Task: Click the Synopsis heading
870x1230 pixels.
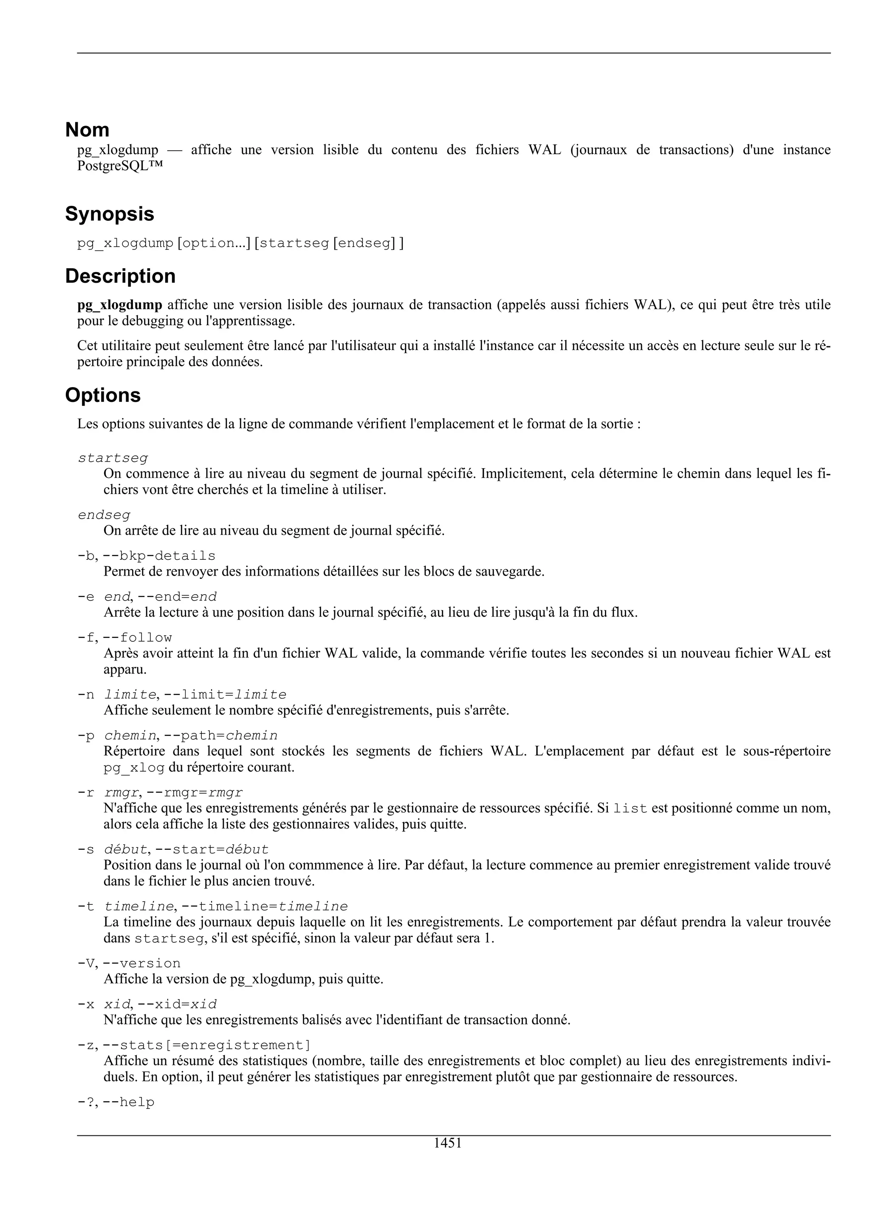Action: (x=109, y=214)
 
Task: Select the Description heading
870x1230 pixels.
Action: (x=120, y=276)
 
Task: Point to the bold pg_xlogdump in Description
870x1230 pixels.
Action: (x=119, y=305)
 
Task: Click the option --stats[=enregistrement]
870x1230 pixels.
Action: (x=206, y=1045)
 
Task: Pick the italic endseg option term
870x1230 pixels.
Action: (x=104, y=515)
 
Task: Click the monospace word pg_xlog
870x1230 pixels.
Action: (x=133, y=768)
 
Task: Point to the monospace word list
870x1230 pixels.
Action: (x=630, y=809)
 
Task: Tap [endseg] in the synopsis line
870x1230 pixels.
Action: (x=364, y=243)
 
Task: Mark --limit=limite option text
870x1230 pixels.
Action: (x=225, y=695)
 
